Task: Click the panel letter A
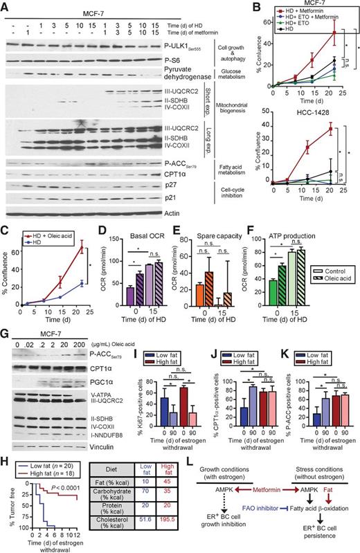point(6,6)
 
